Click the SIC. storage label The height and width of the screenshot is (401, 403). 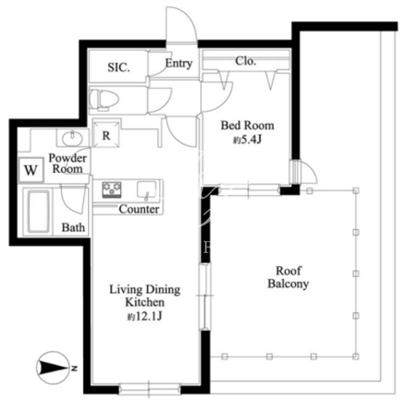tap(118, 67)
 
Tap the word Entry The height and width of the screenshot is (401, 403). tap(178, 64)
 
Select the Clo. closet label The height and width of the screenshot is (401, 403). tap(246, 61)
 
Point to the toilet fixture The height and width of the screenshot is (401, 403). tap(104, 100)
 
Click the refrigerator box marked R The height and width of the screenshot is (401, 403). tap(106, 134)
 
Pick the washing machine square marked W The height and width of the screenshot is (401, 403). tap(31, 170)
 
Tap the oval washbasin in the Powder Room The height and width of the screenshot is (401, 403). tap(72, 139)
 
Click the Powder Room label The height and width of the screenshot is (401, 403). tap(67, 164)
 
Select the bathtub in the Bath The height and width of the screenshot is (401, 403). tap(39, 212)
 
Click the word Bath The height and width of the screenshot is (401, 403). tap(73, 227)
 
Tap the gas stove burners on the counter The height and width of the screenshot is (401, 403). tap(112, 189)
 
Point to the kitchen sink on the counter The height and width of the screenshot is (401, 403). tap(146, 189)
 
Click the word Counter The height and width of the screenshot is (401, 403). tap(139, 209)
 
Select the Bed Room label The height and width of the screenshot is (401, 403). tap(248, 126)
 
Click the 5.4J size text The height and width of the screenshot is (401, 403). tap(248, 140)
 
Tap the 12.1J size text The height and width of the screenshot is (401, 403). tap(144, 316)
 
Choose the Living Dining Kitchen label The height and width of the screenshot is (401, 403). tap(145, 296)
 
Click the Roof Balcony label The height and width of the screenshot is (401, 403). tap(288, 277)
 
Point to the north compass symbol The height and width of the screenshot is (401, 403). tap(53, 368)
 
